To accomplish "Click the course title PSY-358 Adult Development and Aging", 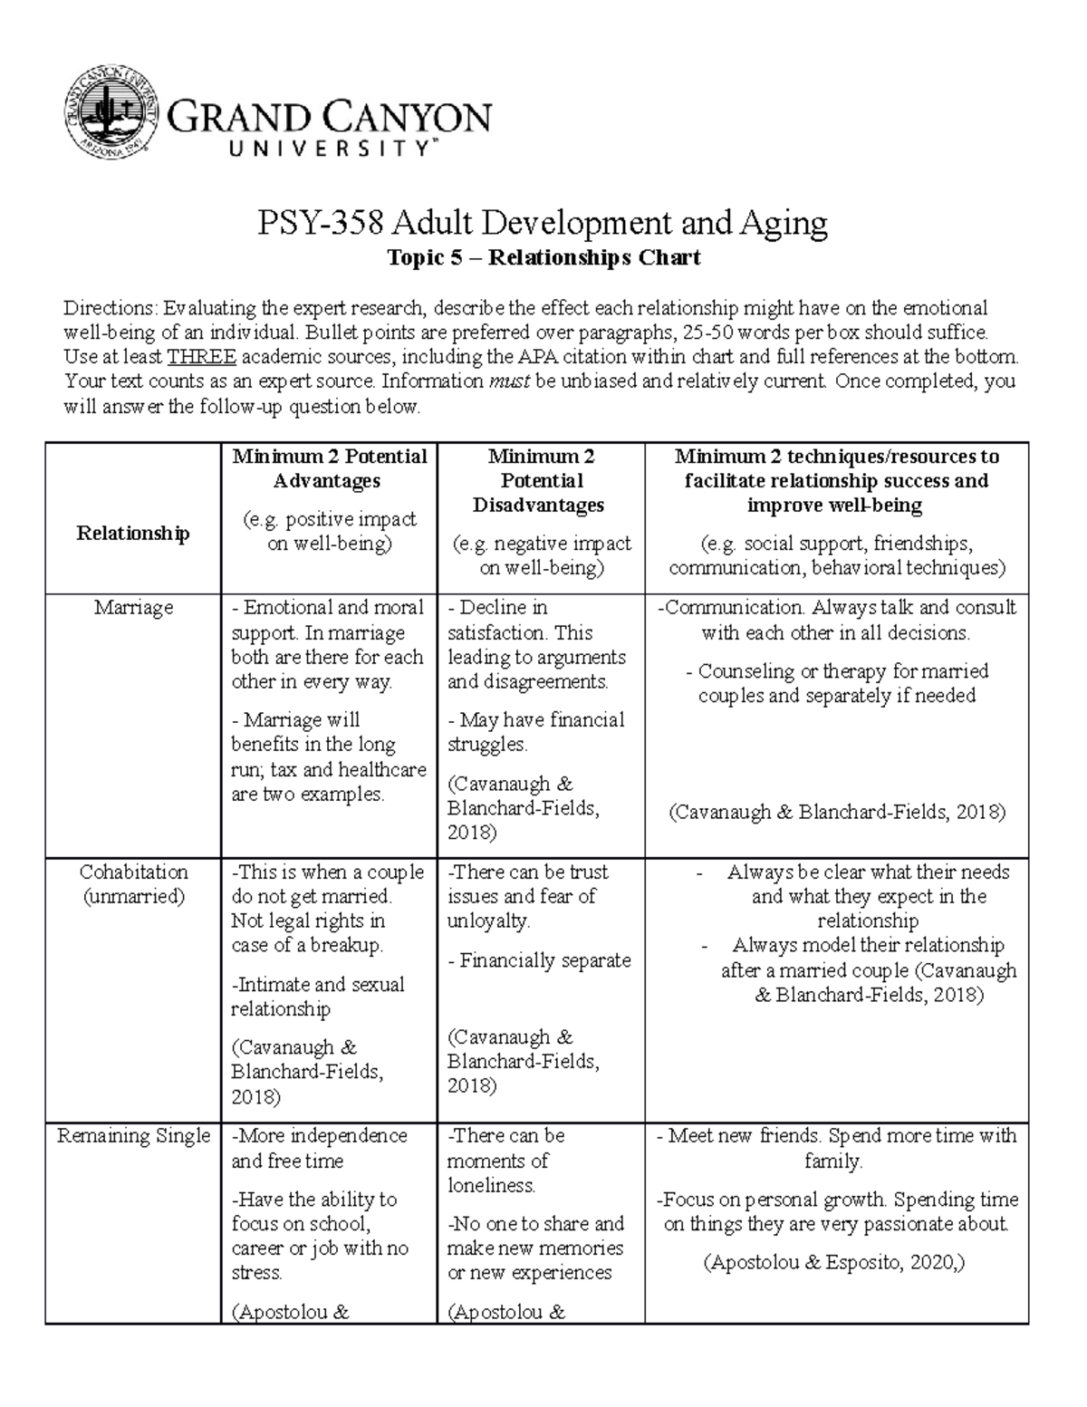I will click(543, 223).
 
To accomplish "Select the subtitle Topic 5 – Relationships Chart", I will click(543, 258).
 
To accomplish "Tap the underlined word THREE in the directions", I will click(202, 356).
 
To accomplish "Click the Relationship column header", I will click(133, 533).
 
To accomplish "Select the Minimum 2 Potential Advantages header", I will click(329, 468).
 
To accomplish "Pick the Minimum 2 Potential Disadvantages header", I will click(541, 480).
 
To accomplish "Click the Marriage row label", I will click(133, 608).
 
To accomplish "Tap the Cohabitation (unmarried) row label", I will click(133, 884).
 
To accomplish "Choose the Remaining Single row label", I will click(133, 1136).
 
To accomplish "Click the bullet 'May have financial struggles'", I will click(536, 732).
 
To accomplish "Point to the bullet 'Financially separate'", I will click(540, 960).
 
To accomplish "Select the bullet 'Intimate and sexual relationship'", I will click(318, 997).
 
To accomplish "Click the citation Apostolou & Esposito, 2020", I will click(833, 1262).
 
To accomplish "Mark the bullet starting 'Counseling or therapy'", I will click(837, 684).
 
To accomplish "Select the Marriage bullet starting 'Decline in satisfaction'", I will click(536, 644).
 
